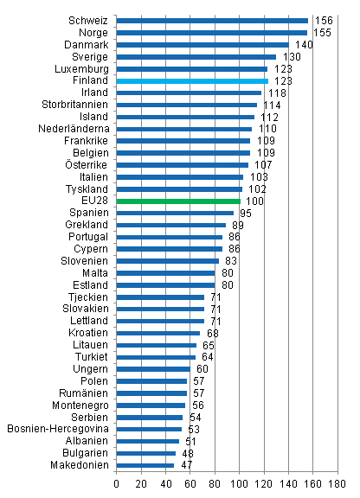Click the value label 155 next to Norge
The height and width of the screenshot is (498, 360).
coord(321,32)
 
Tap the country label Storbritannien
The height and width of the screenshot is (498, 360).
coord(77,105)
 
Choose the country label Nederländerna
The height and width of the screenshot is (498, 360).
coord(74,129)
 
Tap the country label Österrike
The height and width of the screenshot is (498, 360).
coord(87,164)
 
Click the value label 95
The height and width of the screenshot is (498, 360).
coord(247,213)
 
